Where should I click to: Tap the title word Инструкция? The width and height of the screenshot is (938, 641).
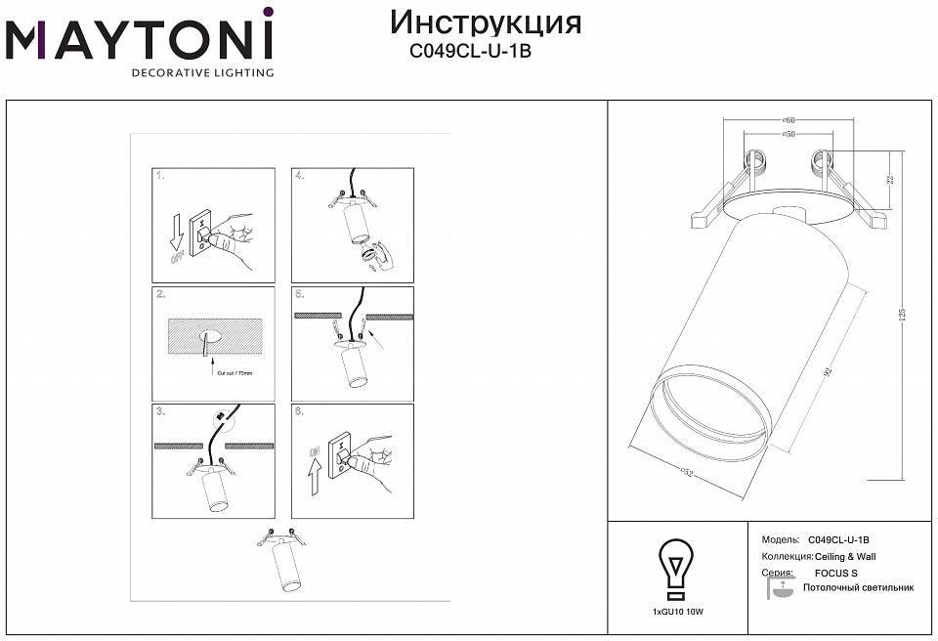(486, 22)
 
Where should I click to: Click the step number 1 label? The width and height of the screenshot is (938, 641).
(160, 176)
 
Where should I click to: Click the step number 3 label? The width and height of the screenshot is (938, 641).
(160, 412)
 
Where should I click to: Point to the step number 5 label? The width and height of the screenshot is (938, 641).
(300, 294)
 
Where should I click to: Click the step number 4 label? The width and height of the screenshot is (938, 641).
(300, 176)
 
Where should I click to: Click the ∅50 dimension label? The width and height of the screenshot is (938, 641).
(788, 133)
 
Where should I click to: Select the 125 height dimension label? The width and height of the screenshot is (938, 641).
(904, 314)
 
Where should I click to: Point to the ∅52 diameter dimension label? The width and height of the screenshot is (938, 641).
(686, 474)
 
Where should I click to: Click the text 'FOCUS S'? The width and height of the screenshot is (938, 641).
(835, 574)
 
